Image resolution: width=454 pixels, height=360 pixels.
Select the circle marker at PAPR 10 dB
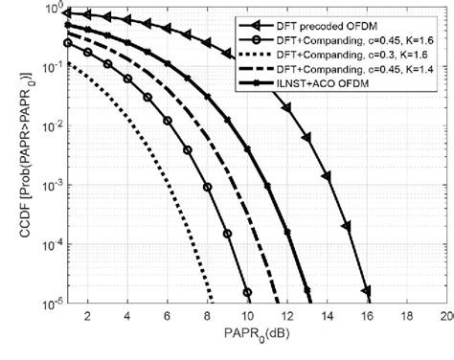[247, 292]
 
